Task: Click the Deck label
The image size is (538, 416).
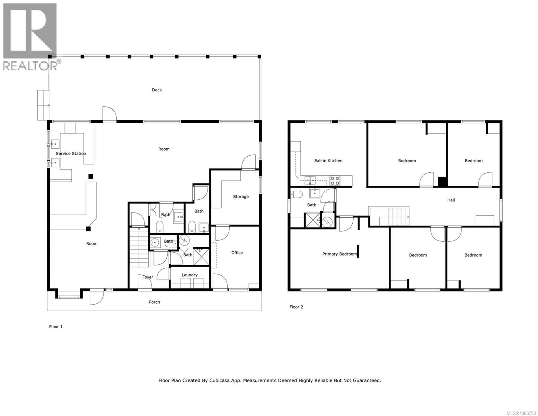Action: (x=157, y=90)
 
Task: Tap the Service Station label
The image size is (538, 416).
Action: (x=71, y=153)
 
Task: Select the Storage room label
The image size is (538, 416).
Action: (x=240, y=197)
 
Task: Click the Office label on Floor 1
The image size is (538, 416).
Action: (x=237, y=253)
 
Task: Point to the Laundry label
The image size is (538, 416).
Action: (x=189, y=275)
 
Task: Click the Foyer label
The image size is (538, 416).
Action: (x=148, y=277)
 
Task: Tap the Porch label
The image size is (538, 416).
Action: (x=154, y=302)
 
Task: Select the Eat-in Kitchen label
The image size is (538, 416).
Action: (x=328, y=161)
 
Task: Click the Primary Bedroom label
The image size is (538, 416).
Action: (x=339, y=254)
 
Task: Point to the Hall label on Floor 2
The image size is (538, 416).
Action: (x=451, y=200)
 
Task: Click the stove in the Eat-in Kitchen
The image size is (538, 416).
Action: (x=335, y=180)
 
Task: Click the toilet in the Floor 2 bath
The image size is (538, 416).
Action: (x=296, y=194)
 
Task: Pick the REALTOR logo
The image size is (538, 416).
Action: (x=30, y=36)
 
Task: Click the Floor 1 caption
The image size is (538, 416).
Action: (x=56, y=327)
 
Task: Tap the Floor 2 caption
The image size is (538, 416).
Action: (x=296, y=307)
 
